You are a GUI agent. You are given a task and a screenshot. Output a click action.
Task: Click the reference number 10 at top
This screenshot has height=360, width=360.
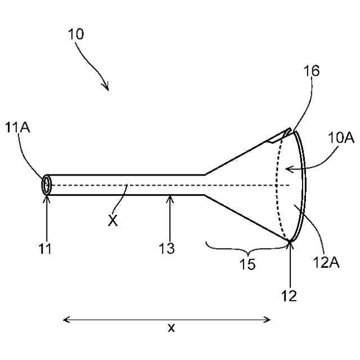(76, 34)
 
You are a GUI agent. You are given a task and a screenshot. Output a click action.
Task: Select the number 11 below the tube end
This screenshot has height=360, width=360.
(46, 249)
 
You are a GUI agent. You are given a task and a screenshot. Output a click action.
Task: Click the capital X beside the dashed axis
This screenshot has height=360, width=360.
(113, 220)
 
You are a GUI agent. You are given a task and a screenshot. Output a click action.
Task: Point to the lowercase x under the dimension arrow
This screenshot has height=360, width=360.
(171, 328)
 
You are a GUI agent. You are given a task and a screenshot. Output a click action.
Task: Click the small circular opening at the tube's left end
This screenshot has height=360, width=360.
(46, 185)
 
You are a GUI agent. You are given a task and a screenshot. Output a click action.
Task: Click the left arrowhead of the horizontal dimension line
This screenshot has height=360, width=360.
(65, 319)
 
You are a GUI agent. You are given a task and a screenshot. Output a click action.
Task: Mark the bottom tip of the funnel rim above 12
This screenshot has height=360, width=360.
(291, 241)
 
